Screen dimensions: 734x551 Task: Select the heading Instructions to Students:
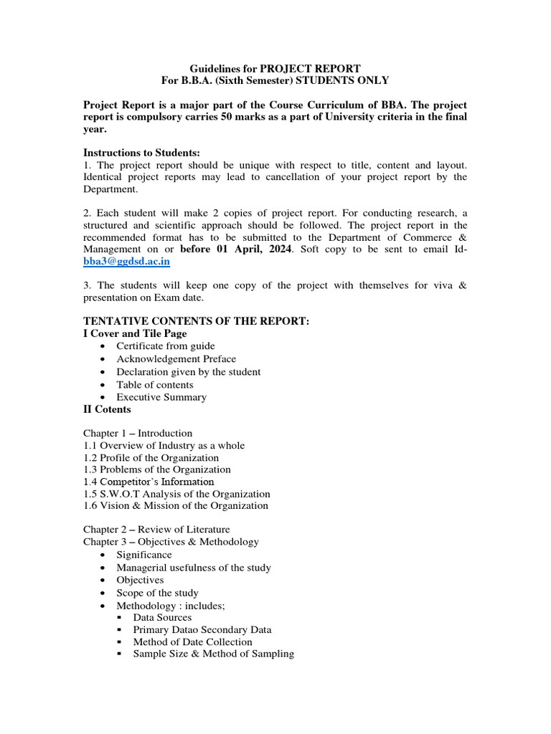(x=141, y=153)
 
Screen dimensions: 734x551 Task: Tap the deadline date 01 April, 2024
(x=230, y=249)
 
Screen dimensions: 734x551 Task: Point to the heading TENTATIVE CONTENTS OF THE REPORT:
(x=196, y=321)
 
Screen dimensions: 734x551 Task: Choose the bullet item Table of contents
(x=155, y=384)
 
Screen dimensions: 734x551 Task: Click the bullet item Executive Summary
(x=161, y=397)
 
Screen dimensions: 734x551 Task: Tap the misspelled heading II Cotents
(x=107, y=409)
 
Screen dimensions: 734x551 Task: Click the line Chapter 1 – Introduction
(x=138, y=433)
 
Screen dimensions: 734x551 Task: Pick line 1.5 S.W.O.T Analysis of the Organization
(x=176, y=494)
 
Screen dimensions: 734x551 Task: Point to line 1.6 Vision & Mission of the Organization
(x=176, y=506)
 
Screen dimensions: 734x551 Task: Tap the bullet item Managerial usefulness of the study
(x=194, y=568)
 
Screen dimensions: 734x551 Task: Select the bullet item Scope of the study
(x=158, y=593)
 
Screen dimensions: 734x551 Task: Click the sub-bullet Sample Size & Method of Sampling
(x=213, y=654)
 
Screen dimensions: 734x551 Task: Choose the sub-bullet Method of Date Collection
(x=192, y=642)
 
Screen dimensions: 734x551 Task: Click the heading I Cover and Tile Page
(x=135, y=333)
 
